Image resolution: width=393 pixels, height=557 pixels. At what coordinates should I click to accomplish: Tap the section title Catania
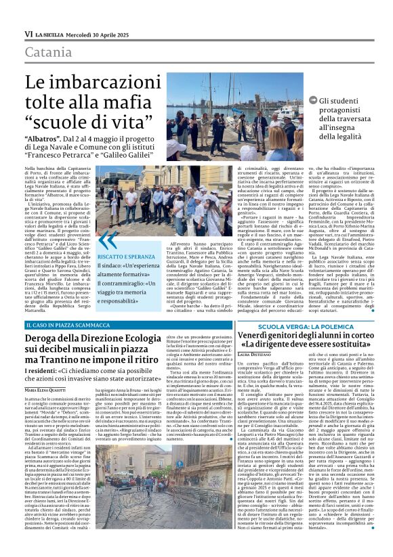pyautogui.click(x=50, y=51)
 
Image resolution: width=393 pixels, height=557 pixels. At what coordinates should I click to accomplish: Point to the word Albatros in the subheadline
pyautogui.click(x=41, y=137)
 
